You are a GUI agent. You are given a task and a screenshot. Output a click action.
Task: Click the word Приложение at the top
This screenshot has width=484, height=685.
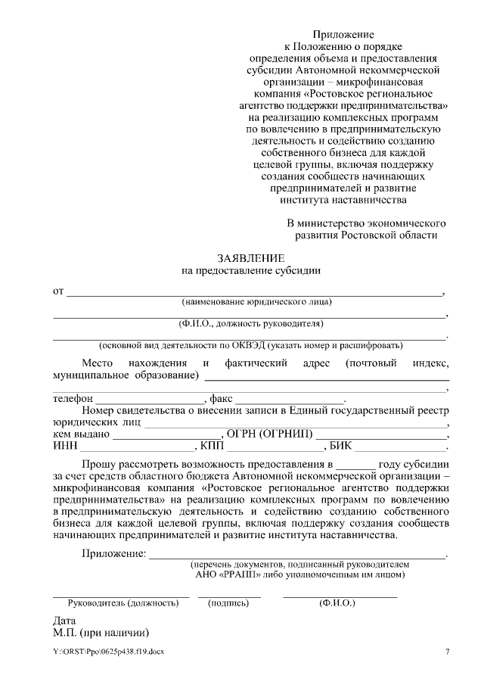pos(344,35)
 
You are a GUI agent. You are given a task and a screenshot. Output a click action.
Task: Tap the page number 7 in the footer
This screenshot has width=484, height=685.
pos(447,652)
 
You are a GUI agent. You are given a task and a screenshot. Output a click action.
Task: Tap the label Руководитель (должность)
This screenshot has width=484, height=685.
pos(118,603)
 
